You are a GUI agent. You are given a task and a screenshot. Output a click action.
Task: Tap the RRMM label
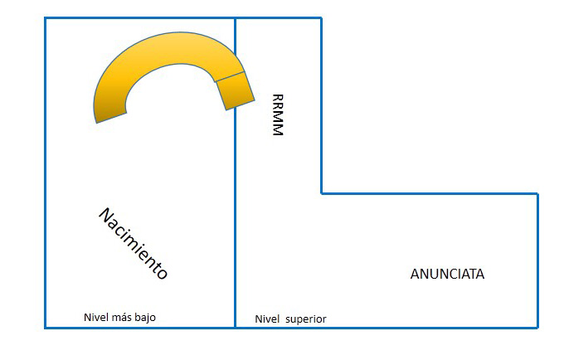pyautogui.click(x=277, y=114)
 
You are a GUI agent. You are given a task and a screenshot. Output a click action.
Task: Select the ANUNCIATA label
pyautogui.click(x=447, y=274)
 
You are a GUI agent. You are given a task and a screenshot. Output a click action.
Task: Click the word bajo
pyautogui.click(x=143, y=317)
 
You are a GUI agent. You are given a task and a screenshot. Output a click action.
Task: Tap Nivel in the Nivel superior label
pyautogui.click(x=266, y=319)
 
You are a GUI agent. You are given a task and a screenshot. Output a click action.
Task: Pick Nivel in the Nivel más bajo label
pyautogui.click(x=95, y=317)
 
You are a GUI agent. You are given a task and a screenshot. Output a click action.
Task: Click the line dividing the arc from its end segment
pyautogui.click(x=230, y=77)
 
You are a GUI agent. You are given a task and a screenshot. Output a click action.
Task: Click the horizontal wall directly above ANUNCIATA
pyautogui.click(x=430, y=193)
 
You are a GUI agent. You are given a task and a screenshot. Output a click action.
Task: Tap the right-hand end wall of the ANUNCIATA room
pyautogui.click(x=537, y=260)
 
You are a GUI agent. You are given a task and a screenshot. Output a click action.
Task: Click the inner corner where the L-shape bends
pyautogui.click(x=322, y=193)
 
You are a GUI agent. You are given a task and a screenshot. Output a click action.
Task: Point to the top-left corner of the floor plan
pyautogui.click(x=45, y=17)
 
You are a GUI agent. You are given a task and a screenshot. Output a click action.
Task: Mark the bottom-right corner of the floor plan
pyautogui.click(x=537, y=328)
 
